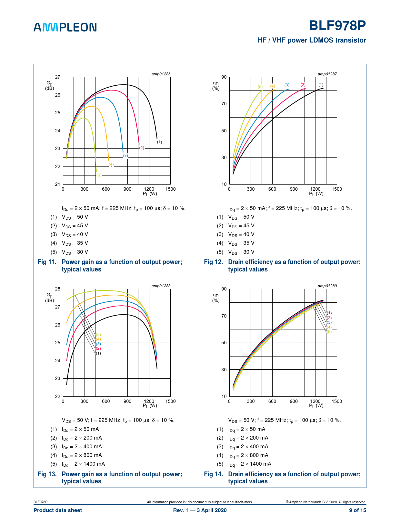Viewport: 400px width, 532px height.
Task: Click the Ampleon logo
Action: click(65, 27)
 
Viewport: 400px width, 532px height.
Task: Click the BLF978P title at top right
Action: click(337, 25)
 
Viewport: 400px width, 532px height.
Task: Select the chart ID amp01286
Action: click(161, 74)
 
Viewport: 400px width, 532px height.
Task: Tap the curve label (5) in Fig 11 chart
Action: click(99, 175)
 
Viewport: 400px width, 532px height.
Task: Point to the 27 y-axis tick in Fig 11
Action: click(58, 77)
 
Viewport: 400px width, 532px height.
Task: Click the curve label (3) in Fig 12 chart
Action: click(287, 85)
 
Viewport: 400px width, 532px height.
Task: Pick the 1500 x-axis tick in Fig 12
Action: click(336, 189)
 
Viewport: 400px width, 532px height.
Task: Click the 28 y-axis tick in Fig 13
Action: click(58, 289)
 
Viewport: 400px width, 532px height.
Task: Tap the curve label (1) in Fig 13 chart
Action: click(98, 353)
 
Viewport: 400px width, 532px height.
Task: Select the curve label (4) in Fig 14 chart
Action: click(329, 327)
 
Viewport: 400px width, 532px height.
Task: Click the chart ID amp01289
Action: click(327, 286)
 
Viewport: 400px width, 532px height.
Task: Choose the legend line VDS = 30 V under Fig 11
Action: click(75, 252)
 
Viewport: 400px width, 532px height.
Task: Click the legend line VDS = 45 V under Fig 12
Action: click(241, 226)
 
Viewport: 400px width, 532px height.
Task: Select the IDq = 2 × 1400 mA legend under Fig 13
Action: click(83, 464)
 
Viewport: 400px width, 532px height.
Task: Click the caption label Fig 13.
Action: click(47, 474)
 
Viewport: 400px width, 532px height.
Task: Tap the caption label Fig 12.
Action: click(213, 262)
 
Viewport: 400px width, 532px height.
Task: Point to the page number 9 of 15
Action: click(357, 510)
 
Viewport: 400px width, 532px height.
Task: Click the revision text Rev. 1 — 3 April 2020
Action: click(200, 510)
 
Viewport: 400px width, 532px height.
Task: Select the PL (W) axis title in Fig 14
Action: click(316, 406)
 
